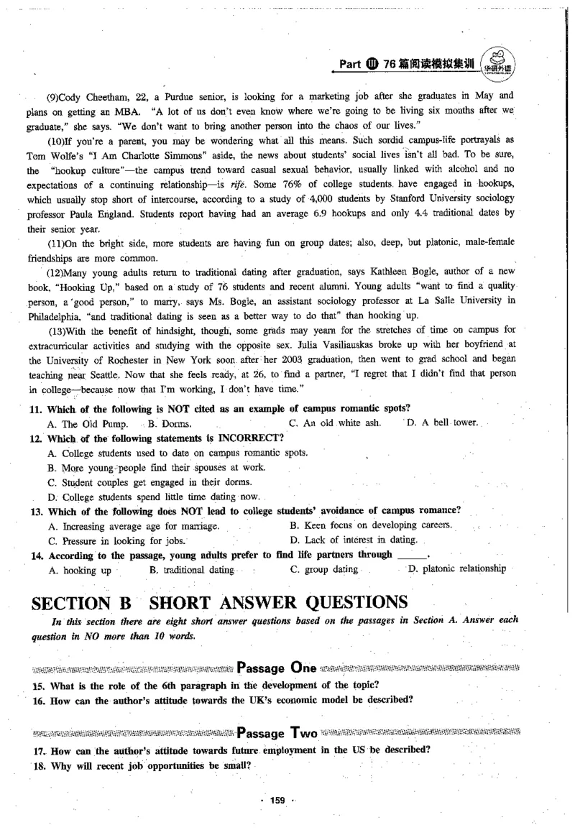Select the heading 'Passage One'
tap(277, 666)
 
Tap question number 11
tap(38, 409)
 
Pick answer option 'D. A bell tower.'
tap(442, 423)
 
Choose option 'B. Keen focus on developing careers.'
tap(370, 525)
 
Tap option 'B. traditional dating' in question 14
tap(192, 570)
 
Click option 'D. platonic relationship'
tap(456, 569)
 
